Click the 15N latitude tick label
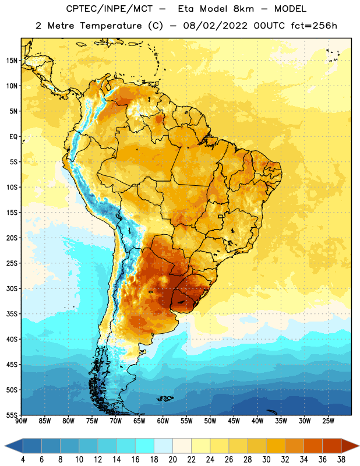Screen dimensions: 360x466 [x=12, y=61]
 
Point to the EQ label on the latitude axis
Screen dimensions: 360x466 [x=13, y=137]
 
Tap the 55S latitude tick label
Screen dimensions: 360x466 [x=12, y=415]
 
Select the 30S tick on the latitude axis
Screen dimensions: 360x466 [x=12, y=288]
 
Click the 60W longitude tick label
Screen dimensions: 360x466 [x=163, y=421]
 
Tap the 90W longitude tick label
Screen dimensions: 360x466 [x=21, y=421]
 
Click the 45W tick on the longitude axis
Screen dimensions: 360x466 [x=234, y=421]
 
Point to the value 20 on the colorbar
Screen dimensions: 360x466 [x=172, y=460]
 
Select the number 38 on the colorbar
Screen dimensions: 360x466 [x=341, y=460]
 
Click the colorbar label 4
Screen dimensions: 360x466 [x=23, y=460]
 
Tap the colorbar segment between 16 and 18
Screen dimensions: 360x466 [x=144, y=446]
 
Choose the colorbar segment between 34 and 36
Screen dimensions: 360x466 [x=313, y=446]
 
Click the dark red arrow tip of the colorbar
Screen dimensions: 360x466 [x=359, y=446]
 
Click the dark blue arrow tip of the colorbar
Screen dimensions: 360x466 [x=5, y=446]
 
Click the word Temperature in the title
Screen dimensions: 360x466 [x=111, y=26]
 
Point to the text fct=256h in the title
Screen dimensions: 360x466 [x=314, y=26]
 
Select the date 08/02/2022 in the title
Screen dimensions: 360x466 [x=215, y=26]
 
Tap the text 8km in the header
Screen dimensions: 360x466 [x=243, y=9]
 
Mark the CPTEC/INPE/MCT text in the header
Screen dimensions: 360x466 [x=109, y=9]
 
